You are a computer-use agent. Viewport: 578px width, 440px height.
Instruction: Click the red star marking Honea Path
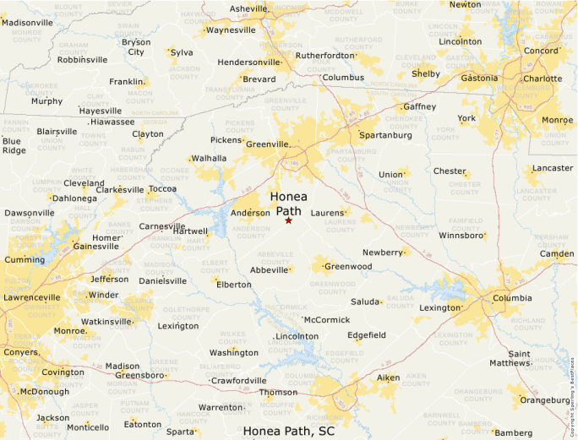[288, 220]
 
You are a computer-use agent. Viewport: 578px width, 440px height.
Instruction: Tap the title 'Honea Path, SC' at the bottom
[289, 431]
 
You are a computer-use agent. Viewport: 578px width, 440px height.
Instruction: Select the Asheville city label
[248, 8]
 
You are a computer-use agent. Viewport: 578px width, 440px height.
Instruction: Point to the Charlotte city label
[542, 79]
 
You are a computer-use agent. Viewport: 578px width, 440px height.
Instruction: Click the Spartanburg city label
[385, 135]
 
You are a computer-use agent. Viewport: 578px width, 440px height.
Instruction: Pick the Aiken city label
[388, 378]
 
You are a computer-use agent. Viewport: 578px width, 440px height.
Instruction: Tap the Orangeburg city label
[544, 399]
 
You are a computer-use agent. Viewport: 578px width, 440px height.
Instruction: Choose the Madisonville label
[27, 22]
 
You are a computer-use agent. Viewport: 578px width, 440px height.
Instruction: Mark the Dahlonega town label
[74, 198]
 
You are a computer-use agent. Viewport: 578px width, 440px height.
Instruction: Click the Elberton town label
[234, 285]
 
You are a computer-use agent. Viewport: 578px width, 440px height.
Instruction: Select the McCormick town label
[327, 320]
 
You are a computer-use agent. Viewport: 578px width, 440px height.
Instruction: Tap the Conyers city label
[21, 352]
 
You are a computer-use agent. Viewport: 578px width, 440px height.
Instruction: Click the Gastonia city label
[479, 78]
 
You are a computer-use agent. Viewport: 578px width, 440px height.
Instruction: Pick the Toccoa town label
[162, 188]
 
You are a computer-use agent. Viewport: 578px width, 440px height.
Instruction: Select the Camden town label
[557, 253]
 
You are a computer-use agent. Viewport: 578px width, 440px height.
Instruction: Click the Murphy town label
[46, 101]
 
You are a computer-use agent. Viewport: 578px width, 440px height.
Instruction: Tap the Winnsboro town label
[462, 236]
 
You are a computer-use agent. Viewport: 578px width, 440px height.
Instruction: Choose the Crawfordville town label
[238, 381]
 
